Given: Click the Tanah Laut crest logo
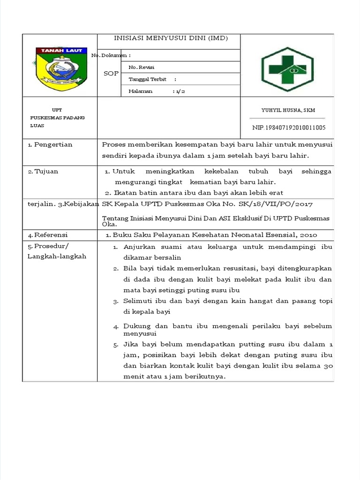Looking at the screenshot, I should (x=59, y=67).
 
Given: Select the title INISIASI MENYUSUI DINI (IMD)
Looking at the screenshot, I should (x=169, y=38).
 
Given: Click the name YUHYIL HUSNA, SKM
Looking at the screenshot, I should (x=288, y=110).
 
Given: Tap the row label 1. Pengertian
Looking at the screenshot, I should (x=50, y=144).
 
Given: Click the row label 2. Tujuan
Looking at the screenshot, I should (x=43, y=171).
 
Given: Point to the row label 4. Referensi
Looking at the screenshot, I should (x=48, y=234).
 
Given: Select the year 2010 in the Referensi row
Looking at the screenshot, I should (x=309, y=234).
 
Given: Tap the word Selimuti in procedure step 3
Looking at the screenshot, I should (x=138, y=301).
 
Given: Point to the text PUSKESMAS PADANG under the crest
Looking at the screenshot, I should (x=57, y=118).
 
